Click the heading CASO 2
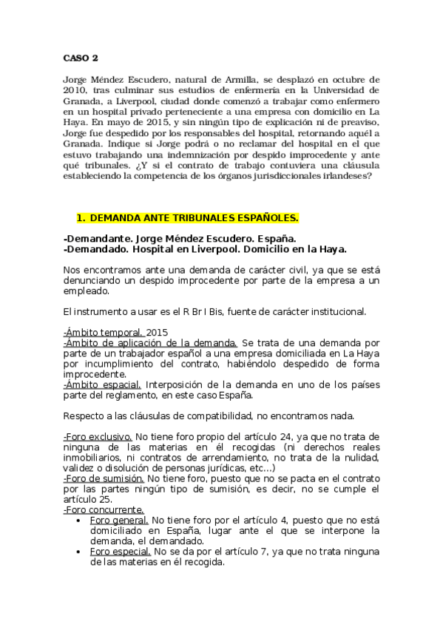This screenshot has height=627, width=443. click(79, 57)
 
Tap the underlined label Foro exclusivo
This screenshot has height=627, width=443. click(98, 436)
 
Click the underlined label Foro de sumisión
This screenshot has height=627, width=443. click(102, 478)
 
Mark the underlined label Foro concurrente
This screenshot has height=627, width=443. click(104, 509)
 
